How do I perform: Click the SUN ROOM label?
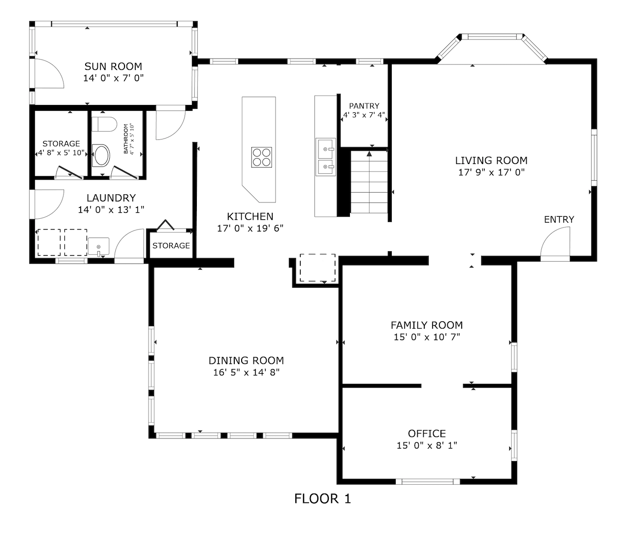113,66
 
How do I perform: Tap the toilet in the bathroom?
104,124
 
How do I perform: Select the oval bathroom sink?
101,156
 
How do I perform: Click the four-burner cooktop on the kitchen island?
261,157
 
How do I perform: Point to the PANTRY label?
364,106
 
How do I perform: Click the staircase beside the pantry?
369,182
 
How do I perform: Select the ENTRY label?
559,220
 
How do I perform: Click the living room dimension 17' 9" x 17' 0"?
491,172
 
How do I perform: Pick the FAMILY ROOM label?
427,325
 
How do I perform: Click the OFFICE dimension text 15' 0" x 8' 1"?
427,445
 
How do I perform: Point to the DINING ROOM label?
246,361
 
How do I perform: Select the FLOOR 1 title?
322,499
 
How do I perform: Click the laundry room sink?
98,246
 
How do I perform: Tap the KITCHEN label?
250,217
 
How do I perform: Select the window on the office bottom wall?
428,481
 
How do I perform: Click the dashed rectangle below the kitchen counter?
317,268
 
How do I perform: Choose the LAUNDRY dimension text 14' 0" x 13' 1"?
111,210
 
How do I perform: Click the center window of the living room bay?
492,37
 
